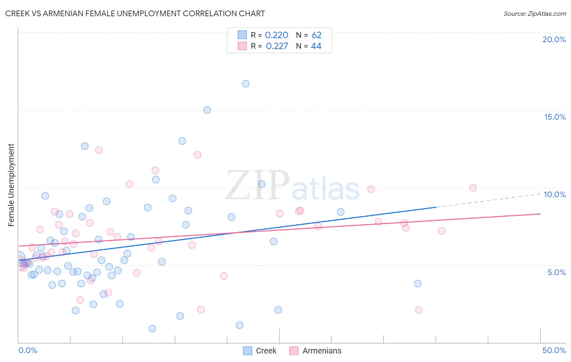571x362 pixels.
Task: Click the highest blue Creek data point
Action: pyautogui.click(x=246, y=84)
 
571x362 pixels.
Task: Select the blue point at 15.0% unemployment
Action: pyautogui.click(x=207, y=110)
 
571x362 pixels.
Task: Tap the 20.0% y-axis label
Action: pyautogui.click(x=554, y=39)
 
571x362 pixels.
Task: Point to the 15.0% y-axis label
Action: pyautogui.click(x=555, y=117)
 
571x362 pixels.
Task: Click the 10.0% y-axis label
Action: pyautogui.click(x=555, y=194)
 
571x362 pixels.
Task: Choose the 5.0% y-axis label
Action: pyautogui.click(x=556, y=272)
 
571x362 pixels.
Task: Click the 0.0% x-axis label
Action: pyautogui.click(x=28, y=350)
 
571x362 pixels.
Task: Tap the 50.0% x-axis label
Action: pyautogui.click(x=554, y=350)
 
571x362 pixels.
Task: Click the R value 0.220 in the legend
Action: pyautogui.click(x=277, y=35)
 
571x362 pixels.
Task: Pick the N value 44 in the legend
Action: pyautogui.click(x=316, y=46)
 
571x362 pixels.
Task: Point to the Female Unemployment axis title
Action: pyautogui.click(x=11, y=185)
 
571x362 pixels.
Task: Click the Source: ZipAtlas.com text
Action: pyautogui.click(x=535, y=14)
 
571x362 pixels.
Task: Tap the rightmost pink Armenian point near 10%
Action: pyautogui.click(x=473, y=187)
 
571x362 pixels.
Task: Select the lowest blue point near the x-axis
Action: pyautogui.click(x=152, y=329)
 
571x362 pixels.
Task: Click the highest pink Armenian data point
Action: pyautogui.click(x=99, y=150)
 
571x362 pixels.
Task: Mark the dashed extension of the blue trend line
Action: pyautogui.click(x=487, y=200)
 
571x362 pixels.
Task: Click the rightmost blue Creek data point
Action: pyautogui.click(x=418, y=284)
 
